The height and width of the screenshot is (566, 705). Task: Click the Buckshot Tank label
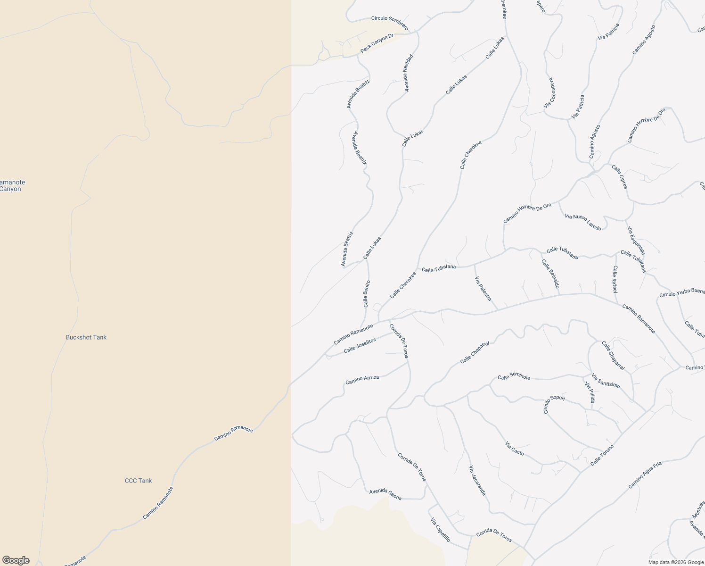pyautogui.click(x=86, y=337)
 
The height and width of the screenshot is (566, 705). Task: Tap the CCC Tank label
pyautogui.click(x=138, y=481)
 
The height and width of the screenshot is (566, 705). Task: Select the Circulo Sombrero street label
pyautogui.click(x=389, y=22)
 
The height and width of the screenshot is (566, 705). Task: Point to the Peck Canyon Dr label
pyautogui.click(x=377, y=43)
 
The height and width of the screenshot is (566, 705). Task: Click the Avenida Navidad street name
pyautogui.click(x=408, y=73)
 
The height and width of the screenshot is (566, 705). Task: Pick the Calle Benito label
pyautogui.click(x=367, y=294)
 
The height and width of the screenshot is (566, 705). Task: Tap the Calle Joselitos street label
pyautogui.click(x=360, y=346)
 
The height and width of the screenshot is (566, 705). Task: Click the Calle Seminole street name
pyautogui.click(x=514, y=377)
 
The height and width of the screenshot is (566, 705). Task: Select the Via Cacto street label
pyautogui.click(x=514, y=449)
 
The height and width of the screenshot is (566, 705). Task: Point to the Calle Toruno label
pyautogui.click(x=602, y=456)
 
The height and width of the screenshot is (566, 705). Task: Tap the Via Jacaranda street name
pyautogui.click(x=477, y=480)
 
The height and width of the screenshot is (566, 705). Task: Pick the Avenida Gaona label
pyautogui.click(x=385, y=493)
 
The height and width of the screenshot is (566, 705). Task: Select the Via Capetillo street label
pyautogui.click(x=441, y=530)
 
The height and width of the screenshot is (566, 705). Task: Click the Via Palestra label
pyautogui.click(x=483, y=289)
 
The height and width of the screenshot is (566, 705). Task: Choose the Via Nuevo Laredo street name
pyautogui.click(x=583, y=222)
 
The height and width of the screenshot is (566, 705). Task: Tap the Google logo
pyautogui.click(x=15, y=560)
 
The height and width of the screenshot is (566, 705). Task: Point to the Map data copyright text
pyautogui.click(x=676, y=562)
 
